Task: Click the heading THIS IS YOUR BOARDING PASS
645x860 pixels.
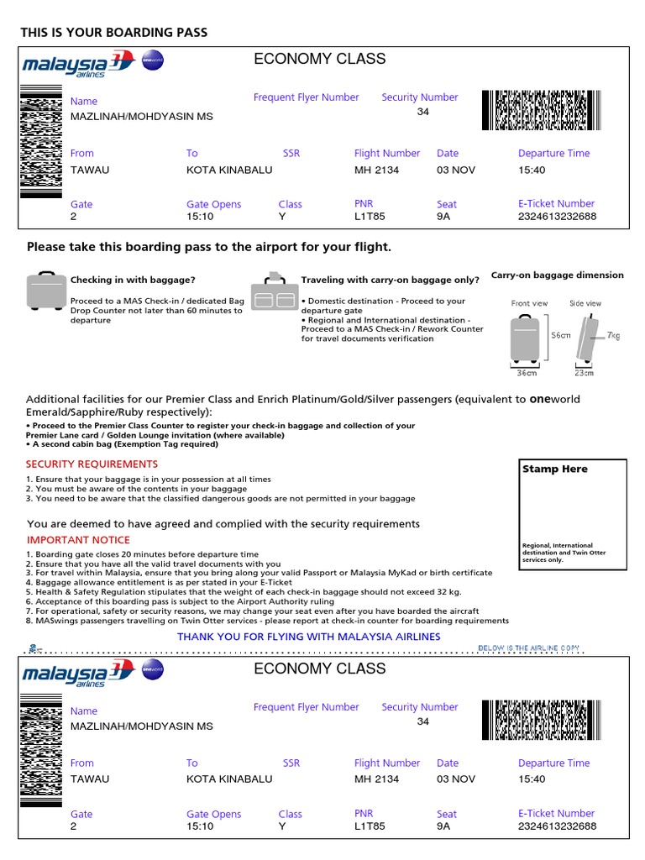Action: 113,32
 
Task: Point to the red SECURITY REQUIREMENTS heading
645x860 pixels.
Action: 92,464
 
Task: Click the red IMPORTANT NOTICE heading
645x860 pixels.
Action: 79,540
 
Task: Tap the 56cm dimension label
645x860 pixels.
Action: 560,334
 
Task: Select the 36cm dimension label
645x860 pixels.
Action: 527,372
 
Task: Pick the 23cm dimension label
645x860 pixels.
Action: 585,372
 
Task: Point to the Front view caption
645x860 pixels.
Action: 529,303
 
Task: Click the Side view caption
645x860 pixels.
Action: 585,303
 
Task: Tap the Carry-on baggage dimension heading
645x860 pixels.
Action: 557,275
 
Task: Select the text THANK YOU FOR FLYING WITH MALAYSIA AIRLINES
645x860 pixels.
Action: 308,637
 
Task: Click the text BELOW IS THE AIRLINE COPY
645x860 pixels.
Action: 528,648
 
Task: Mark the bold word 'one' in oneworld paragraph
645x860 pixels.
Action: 539,399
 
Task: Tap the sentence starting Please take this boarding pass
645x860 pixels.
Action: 209,247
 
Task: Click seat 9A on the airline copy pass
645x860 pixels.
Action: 443,826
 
